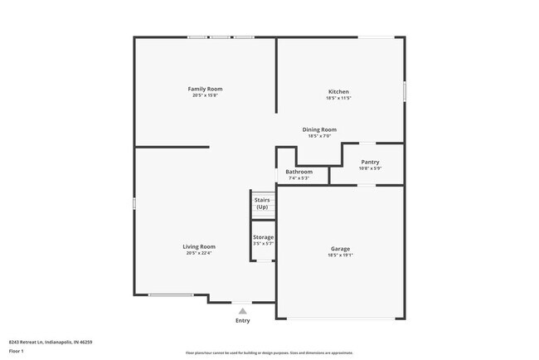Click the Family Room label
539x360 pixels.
coord(205,89)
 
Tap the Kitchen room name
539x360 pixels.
coord(338,91)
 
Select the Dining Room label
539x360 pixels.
coord(319,129)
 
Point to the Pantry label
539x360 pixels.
coord(370,162)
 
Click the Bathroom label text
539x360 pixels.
coord(299,172)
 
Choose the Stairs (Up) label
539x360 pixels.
coord(262,203)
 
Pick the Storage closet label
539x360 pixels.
coord(263,237)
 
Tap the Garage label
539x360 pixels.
coord(340,249)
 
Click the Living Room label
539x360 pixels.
coord(199,246)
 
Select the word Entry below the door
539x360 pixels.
coord(242,320)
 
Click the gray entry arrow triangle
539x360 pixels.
coord(242,311)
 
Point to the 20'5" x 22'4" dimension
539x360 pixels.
coord(199,253)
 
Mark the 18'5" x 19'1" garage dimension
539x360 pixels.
coord(340,255)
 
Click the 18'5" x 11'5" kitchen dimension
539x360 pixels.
coord(338,98)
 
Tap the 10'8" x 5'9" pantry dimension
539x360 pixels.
coord(370,168)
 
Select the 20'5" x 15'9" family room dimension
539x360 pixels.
coord(205,95)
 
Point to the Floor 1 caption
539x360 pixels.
coord(17,351)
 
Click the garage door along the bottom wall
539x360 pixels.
coord(341,319)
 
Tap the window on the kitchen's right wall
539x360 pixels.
coord(405,90)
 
